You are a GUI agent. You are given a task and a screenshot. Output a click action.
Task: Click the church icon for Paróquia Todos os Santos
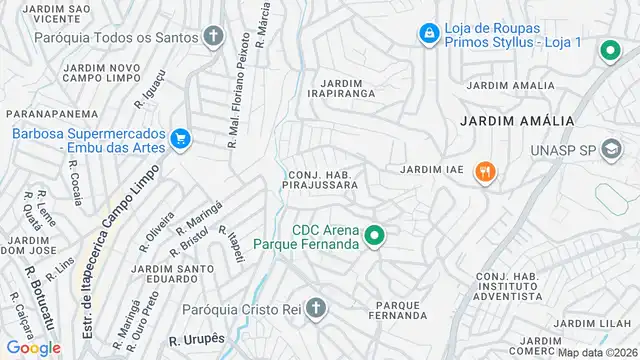212,38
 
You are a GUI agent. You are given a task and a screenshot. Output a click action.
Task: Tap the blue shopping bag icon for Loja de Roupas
428,34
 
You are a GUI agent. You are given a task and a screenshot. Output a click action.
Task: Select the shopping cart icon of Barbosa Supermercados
180,138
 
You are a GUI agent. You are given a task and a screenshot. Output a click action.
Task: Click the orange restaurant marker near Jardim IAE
486,171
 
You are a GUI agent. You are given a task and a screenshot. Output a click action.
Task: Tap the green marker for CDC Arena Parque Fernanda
374,236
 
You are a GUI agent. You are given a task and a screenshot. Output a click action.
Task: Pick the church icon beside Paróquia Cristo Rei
316,308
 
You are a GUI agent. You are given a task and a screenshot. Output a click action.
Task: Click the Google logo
33,347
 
